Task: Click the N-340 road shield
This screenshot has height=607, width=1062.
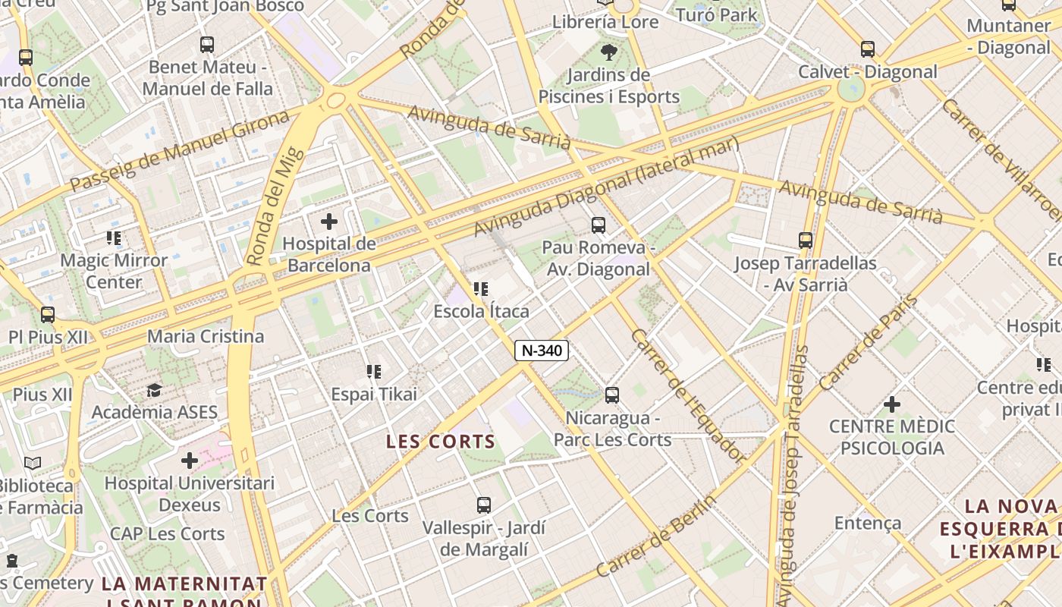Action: click(x=542, y=351)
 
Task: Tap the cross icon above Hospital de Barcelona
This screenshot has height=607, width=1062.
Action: click(x=329, y=222)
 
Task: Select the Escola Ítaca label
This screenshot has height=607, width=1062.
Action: click(x=481, y=311)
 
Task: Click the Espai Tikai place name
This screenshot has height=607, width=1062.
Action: click(x=373, y=395)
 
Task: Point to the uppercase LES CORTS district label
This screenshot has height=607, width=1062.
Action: click(x=440, y=442)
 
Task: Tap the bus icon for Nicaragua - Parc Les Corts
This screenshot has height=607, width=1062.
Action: click(x=612, y=395)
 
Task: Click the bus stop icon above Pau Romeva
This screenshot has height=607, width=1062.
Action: click(x=599, y=225)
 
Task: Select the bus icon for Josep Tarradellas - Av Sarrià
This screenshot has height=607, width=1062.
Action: click(x=806, y=241)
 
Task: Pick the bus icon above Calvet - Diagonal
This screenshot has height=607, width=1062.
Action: click(x=868, y=49)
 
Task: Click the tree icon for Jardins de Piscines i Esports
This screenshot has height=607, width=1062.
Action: click(x=608, y=52)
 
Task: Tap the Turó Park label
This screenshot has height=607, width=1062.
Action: click(x=716, y=14)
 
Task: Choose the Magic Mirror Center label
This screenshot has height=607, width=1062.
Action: click(x=114, y=271)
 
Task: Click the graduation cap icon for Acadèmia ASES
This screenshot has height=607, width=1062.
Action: click(x=155, y=390)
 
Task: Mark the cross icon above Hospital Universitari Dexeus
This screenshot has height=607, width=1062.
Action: click(x=190, y=461)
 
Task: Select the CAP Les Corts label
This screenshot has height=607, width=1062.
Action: click(x=167, y=533)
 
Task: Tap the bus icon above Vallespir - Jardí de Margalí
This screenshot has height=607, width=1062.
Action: click(x=484, y=505)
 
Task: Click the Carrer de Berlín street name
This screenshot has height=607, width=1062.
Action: click(x=656, y=536)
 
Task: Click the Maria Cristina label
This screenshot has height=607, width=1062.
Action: click(x=206, y=336)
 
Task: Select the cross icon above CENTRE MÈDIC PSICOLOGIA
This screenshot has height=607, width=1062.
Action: click(x=892, y=404)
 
